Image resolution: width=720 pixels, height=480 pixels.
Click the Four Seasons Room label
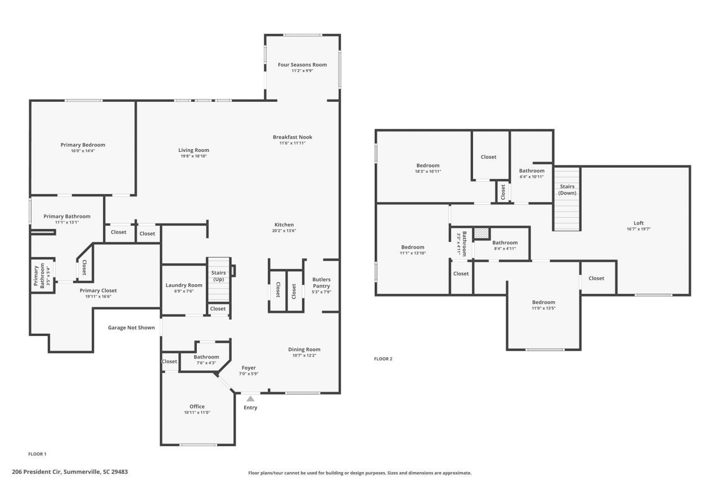point(302,65)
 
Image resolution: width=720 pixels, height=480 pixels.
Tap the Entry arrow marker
point(250,399)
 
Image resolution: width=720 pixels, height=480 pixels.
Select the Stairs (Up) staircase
point(218,280)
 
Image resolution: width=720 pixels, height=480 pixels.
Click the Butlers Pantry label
point(321,282)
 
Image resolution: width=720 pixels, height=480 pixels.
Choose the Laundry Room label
point(184,285)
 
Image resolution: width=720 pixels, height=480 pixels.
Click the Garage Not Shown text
point(131,328)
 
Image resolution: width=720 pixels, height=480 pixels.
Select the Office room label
point(197,406)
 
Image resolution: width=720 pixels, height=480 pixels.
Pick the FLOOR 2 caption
point(383,358)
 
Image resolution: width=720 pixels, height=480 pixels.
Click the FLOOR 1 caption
point(37,454)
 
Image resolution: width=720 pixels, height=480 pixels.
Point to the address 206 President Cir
point(70,472)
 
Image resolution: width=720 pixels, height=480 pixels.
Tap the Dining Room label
point(304,349)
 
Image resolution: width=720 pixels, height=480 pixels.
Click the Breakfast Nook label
point(292,137)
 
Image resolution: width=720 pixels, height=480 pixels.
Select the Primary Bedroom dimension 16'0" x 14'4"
point(83,151)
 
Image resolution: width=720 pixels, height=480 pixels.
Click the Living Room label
point(194,150)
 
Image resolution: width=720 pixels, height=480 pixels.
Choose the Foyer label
point(249,367)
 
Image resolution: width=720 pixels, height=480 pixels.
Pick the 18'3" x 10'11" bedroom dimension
point(428,171)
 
